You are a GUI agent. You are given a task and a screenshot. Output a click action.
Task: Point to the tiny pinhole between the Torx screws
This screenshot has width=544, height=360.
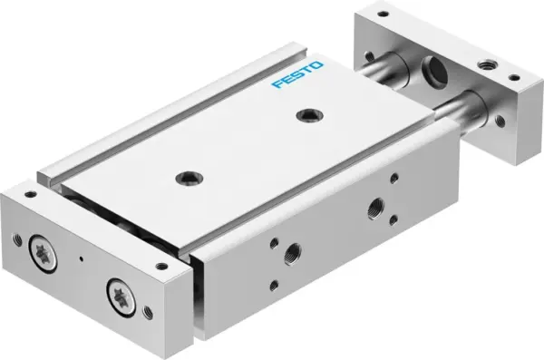[x=81, y=261]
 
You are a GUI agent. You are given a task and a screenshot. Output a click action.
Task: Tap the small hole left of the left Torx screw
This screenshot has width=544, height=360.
[x=16, y=239]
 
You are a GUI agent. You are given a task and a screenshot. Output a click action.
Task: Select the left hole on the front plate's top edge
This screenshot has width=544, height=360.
[x=31, y=193]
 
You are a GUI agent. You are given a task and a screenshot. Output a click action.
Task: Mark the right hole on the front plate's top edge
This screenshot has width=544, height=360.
[x=162, y=266]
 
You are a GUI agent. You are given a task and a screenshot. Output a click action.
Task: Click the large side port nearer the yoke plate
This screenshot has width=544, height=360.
[x=374, y=207]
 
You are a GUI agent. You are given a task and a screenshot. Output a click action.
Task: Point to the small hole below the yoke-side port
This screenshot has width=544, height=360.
[x=393, y=219]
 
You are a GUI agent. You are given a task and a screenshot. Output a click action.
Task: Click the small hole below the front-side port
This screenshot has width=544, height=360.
[x=275, y=285]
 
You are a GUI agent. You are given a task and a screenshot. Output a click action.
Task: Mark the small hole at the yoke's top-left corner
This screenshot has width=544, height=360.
[x=383, y=14]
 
